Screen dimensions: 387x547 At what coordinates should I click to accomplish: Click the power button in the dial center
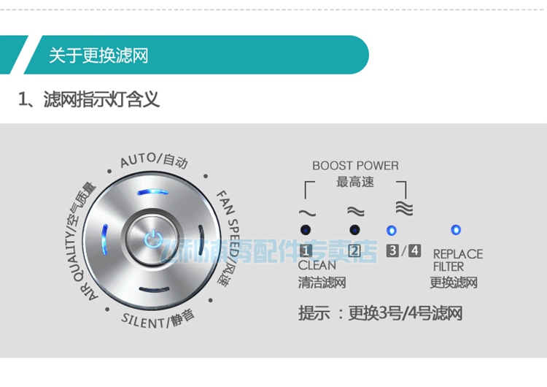pyautogui.click(x=151, y=238)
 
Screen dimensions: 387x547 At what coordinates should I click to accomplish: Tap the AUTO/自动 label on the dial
pyautogui.click(x=154, y=159)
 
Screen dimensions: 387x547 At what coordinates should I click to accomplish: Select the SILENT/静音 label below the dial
pyautogui.click(x=158, y=318)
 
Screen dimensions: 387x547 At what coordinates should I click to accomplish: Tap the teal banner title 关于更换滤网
pyautogui.click(x=98, y=55)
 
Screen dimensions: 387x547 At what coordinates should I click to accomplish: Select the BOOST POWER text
pyautogui.click(x=355, y=166)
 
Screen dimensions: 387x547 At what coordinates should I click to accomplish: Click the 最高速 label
pyautogui.click(x=355, y=182)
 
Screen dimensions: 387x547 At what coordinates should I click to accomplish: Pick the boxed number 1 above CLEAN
pyautogui.click(x=306, y=251)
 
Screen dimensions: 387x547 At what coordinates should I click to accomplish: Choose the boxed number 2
pyautogui.click(x=354, y=251)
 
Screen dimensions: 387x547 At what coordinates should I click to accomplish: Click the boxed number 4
pyautogui.click(x=414, y=250)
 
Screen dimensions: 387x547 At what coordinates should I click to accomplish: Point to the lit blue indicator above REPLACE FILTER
pyautogui.click(x=457, y=230)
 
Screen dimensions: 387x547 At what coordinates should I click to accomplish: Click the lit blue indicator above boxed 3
pyautogui.click(x=392, y=230)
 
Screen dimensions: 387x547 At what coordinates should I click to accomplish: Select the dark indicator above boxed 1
pyautogui.click(x=306, y=230)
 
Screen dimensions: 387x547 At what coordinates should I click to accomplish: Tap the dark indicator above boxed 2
pyautogui.click(x=354, y=230)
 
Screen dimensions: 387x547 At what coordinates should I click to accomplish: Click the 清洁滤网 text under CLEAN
pyautogui.click(x=322, y=282)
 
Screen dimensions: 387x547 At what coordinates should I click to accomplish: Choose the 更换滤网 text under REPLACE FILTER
pyautogui.click(x=453, y=282)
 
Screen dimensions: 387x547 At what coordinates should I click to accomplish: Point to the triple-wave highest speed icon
pyautogui.click(x=403, y=208)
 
